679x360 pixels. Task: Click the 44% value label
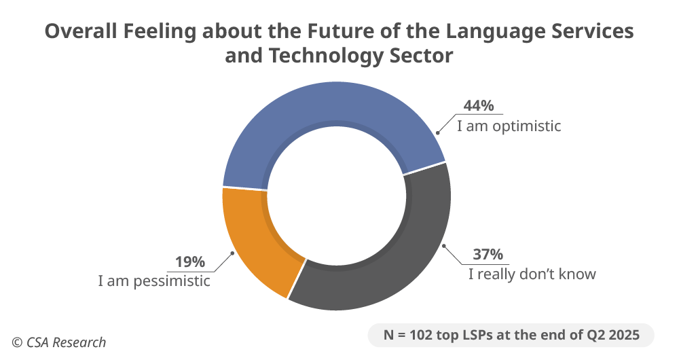click(478, 106)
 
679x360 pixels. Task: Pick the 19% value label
click(190, 262)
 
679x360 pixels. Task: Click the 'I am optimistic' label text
click(509, 126)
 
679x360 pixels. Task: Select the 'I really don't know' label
click(532, 274)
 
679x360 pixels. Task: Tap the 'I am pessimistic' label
click(155, 281)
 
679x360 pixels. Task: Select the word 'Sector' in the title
click(421, 56)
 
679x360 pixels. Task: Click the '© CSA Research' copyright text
click(58, 342)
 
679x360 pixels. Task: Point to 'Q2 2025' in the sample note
click(614, 335)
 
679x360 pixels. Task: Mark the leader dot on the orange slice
click(234, 253)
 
